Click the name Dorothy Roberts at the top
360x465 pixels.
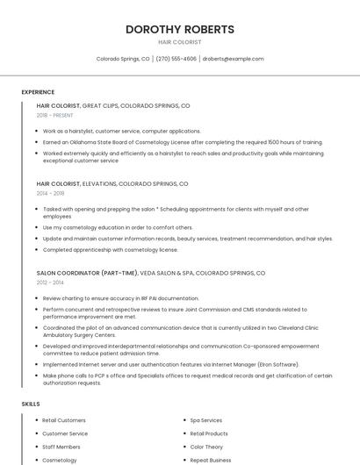179,29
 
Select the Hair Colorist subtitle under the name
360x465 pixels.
179,42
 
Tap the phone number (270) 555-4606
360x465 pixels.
176,59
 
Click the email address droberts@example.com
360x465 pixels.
233,59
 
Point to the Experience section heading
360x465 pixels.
38,92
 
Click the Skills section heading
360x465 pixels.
31,404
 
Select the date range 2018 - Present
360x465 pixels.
55,115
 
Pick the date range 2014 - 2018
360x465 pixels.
51,193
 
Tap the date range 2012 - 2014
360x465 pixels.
50,283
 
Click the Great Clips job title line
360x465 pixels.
113,105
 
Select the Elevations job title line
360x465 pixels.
112,184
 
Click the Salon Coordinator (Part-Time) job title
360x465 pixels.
87,273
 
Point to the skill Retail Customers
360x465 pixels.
64,420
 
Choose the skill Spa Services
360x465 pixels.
206,420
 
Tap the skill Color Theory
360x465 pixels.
206,447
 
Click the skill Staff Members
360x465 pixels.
61,447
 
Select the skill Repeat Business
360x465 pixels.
211,460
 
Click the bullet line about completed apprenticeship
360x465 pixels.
110,249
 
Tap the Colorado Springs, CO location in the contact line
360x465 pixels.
123,59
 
